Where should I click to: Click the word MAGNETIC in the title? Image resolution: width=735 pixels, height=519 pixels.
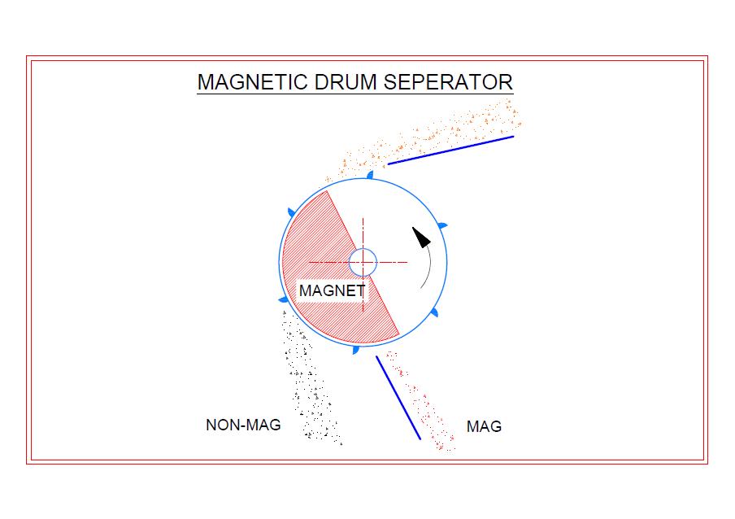[252, 82]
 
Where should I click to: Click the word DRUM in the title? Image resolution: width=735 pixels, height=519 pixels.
[346, 82]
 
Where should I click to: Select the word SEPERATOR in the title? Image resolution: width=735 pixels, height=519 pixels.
[448, 82]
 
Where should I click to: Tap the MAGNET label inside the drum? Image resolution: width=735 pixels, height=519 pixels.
[332, 290]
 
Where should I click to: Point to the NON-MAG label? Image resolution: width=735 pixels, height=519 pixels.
[243, 425]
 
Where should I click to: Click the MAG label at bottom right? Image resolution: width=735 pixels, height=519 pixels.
[484, 426]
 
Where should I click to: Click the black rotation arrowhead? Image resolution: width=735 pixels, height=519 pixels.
[421, 238]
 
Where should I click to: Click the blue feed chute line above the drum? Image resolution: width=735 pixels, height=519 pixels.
[450, 150]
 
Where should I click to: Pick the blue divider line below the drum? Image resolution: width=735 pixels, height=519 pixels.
[398, 398]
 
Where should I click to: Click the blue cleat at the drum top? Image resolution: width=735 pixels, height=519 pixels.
[370, 175]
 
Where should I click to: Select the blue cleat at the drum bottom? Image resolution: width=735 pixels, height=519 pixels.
[355, 349]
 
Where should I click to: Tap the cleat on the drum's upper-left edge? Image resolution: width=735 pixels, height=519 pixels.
[292, 212]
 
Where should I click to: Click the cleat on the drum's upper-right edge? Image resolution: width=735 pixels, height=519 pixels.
[442, 226]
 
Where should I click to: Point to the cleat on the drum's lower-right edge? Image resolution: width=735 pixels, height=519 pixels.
[434, 312]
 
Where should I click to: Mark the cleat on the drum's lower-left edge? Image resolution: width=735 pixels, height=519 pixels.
[284, 299]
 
